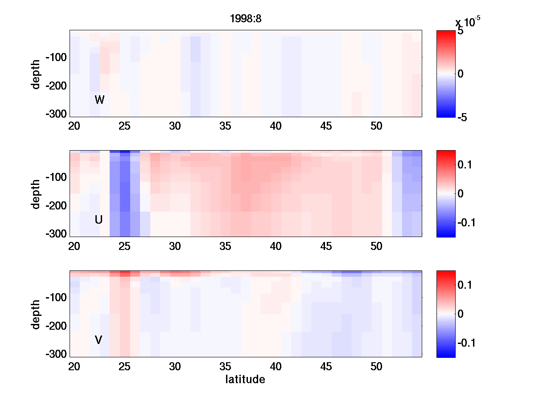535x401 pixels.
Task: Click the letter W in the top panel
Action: tap(99, 100)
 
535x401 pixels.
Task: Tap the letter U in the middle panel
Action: tap(99, 220)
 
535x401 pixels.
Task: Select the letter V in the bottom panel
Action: tap(99, 340)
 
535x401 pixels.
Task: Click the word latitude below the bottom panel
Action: tap(245, 380)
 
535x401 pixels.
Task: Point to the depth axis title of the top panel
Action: tap(36, 74)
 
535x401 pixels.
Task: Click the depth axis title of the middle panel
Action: tap(36, 193)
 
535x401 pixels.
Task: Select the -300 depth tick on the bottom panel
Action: tap(56, 354)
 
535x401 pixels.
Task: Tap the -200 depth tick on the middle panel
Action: tap(56, 206)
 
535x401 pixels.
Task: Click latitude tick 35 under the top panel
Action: tap(226, 126)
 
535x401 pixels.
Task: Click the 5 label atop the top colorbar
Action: tap(461, 32)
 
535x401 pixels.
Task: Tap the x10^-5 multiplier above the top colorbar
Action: tap(468, 21)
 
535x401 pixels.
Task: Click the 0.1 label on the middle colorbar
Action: tap(465, 165)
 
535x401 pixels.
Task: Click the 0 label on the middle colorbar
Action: tap(461, 193)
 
